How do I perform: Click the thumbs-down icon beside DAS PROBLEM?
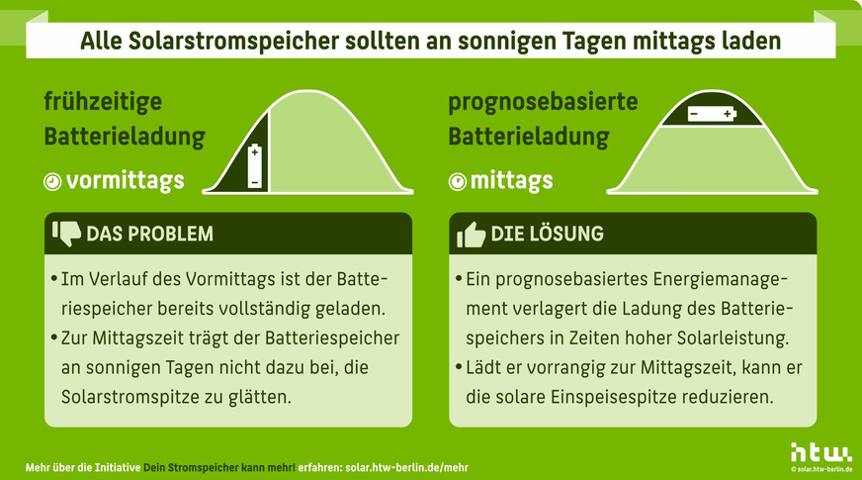point(66,233)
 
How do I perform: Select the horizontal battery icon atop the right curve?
point(712,114)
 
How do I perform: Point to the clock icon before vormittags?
point(52,182)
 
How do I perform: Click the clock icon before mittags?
point(457,182)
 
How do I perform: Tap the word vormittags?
point(126,181)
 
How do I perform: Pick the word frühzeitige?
point(102,102)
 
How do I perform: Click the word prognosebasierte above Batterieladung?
point(543,102)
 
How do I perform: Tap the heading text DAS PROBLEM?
point(149,235)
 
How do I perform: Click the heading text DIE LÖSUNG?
point(548,235)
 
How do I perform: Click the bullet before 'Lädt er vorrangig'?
point(460,367)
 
